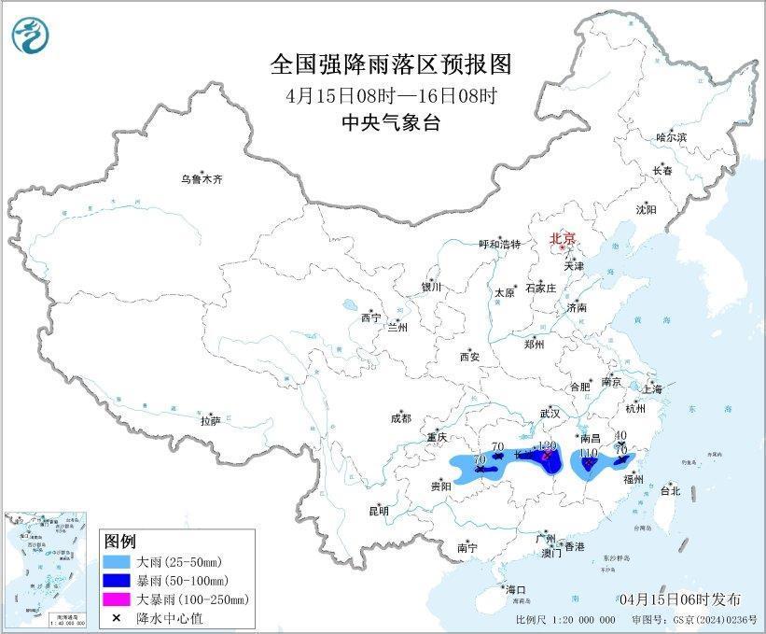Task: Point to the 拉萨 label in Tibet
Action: pyautogui.click(x=210, y=421)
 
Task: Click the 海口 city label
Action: pyautogui.click(x=516, y=589)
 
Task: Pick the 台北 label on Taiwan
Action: pyautogui.click(x=670, y=490)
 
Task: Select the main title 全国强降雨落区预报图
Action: pyautogui.click(x=392, y=63)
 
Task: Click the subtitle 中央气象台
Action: pyautogui.click(x=392, y=122)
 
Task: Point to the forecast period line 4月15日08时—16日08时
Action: pyautogui.click(x=392, y=94)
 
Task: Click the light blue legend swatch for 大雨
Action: pyautogui.click(x=118, y=563)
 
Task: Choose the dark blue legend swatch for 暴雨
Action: pyautogui.click(x=118, y=581)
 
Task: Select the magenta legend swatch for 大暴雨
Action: pyautogui.click(x=118, y=599)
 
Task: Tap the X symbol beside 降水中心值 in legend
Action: pyautogui.click(x=118, y=617)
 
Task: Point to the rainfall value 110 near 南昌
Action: pyautogui.click(x=588, y=453)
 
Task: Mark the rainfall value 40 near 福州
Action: pyautogui.click(x=620, y=436)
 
